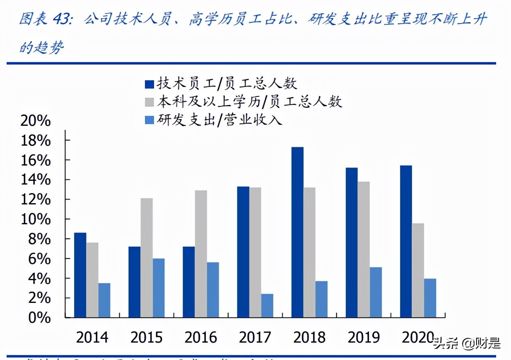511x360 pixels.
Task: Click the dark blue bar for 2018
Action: tap(297, 232)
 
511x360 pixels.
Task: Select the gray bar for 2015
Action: tap(147, 258)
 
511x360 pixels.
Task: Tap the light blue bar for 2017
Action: tap(267, 305)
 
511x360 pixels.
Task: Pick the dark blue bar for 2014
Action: tap(80, 275)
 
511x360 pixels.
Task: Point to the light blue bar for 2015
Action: tap(159, 288)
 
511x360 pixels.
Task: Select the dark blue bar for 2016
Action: tap(189, 282)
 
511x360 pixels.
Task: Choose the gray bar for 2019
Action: tap(364, 250)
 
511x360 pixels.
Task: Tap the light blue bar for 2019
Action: tap(376, 292)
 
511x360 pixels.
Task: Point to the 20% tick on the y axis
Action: tap(36, 121)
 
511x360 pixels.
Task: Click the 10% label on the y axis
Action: tap(36, 219)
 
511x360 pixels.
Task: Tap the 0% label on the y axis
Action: tap(41, 318)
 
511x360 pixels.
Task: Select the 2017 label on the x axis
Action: tap(255, 338)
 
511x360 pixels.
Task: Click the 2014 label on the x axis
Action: tap(92, 338)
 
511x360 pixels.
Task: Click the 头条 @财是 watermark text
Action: tap(467, 343)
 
